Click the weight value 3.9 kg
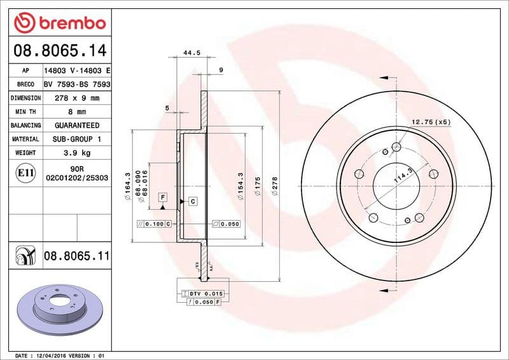(x=76, y=153)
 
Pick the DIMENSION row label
(x=26, y=99)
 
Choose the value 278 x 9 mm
(x=76, y=99)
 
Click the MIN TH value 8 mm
(x=76, y=112)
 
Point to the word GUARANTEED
(x=76, y=125)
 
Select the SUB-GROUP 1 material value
(x=76, y=139)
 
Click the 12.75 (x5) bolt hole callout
(x=431, y=121)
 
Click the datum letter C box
(x=192, y=202)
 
